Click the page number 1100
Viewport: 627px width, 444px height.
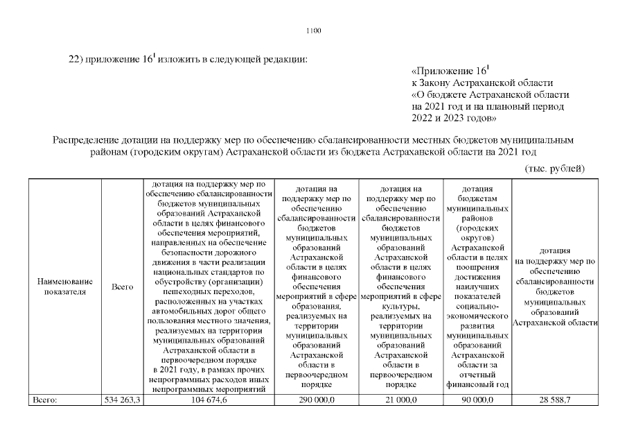pyautogui.click(x=313, y=30)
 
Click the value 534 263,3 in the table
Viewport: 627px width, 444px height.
pyautogui.click(x=122, y=400)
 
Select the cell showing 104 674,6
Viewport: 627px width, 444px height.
pyautogui.click(x=209, y=400)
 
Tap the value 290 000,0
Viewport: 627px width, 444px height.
pyautogui.click(x=315, y=400)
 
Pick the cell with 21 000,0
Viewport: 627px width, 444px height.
pyautogui.click(x=400, y=400)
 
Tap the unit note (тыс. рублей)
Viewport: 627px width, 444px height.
pyautogui.click(x=555, y=169)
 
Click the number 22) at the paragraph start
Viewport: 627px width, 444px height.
pyautogui.click(x=75, y=59)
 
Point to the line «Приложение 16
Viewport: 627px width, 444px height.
pyautogui.click(x=450, y=71)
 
